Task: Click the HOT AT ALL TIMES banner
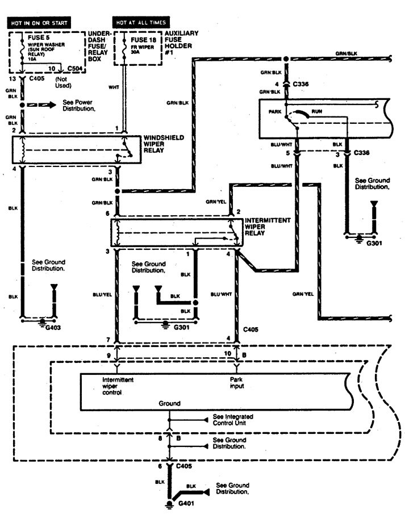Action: tap(141, 22)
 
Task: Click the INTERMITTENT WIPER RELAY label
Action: tap(269, 224)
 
